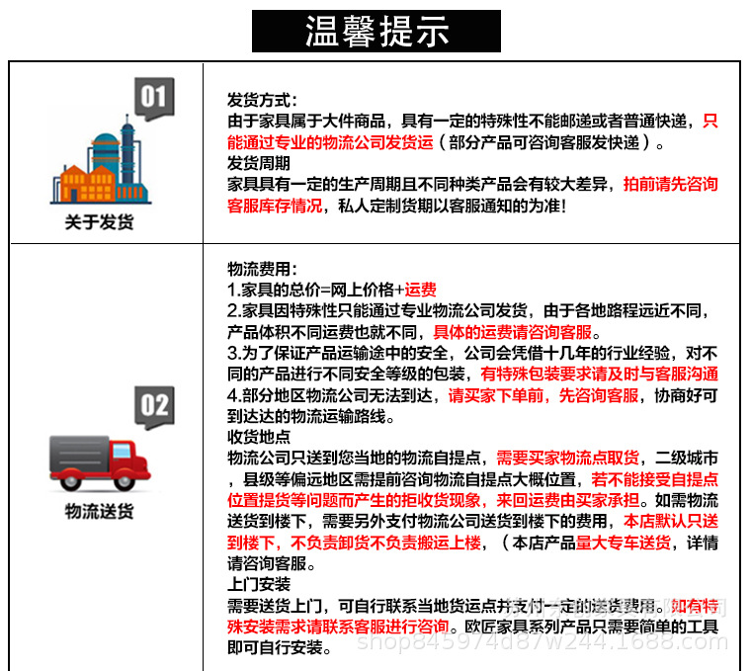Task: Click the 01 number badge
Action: click(153, 98)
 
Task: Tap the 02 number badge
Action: click(154, 405)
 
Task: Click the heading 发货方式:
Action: click(262, 101)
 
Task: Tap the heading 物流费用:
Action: click(262, 269)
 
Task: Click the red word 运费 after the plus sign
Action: click(420, 290)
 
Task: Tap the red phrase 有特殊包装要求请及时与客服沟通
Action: click(599, 374)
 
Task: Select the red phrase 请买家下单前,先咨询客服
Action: click(543, 395)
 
